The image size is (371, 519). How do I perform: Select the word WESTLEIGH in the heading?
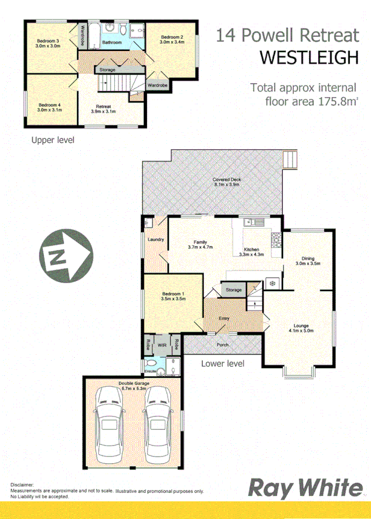coord(308,57)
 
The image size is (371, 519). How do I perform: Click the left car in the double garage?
coord(110,425)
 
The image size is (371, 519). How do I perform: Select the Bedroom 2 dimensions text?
coord(171,42)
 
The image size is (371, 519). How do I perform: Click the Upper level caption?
coord(53,140)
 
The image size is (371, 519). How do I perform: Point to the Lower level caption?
coord(223,363)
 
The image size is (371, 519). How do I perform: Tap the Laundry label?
coord(156,239)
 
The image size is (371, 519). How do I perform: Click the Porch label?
coord(222,346)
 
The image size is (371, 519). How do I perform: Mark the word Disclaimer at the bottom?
coord(22,485)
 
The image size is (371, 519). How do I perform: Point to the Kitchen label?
coord(252,250)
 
